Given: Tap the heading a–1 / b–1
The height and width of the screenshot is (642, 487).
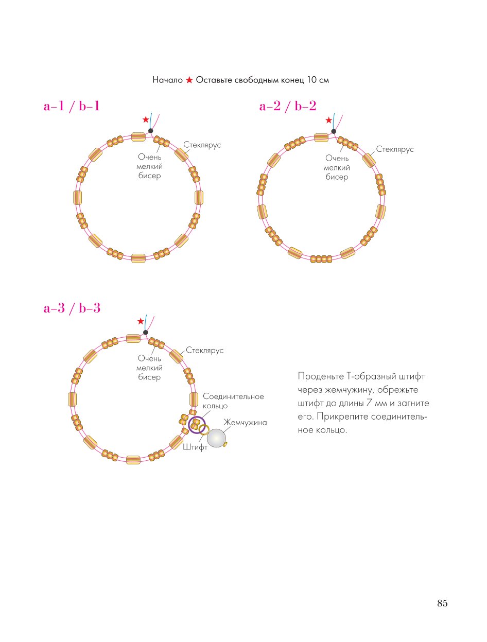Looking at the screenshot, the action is coord(72,106).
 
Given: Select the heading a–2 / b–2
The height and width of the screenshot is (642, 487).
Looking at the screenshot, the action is coord(288,106).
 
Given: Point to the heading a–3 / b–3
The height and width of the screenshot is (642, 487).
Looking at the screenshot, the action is coord(72,308).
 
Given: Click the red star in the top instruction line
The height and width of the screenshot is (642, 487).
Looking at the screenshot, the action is coord(189,80).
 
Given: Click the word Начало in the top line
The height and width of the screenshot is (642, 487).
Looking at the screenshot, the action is coord(168,80).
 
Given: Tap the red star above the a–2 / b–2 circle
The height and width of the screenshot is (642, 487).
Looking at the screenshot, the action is coord(329,120).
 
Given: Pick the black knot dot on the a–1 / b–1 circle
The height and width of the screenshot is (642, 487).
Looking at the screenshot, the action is coord(151,131).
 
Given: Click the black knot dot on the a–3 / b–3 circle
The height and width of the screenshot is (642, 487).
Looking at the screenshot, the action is coord(145,332).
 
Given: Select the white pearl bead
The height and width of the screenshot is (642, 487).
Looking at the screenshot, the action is coord(216,438).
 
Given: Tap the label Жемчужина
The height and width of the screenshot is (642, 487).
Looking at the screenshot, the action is coord(245,422).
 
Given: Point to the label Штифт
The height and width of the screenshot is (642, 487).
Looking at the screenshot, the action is coord(195,447).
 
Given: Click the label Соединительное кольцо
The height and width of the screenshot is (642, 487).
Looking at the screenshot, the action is coord(233,401).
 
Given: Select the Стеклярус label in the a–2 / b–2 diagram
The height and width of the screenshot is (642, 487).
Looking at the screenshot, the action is coord(394,149).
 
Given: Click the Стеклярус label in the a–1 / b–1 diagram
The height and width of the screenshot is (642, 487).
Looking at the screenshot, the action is coord(202,145).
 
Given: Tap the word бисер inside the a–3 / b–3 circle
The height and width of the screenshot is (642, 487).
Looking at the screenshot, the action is coord(149,377).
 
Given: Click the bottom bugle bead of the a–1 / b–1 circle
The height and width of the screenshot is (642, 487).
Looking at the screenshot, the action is coord(138,258).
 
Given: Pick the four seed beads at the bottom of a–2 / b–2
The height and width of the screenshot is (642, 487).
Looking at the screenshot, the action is coord(321,259).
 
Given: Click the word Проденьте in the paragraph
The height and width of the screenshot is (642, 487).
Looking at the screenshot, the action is coord(321,376).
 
